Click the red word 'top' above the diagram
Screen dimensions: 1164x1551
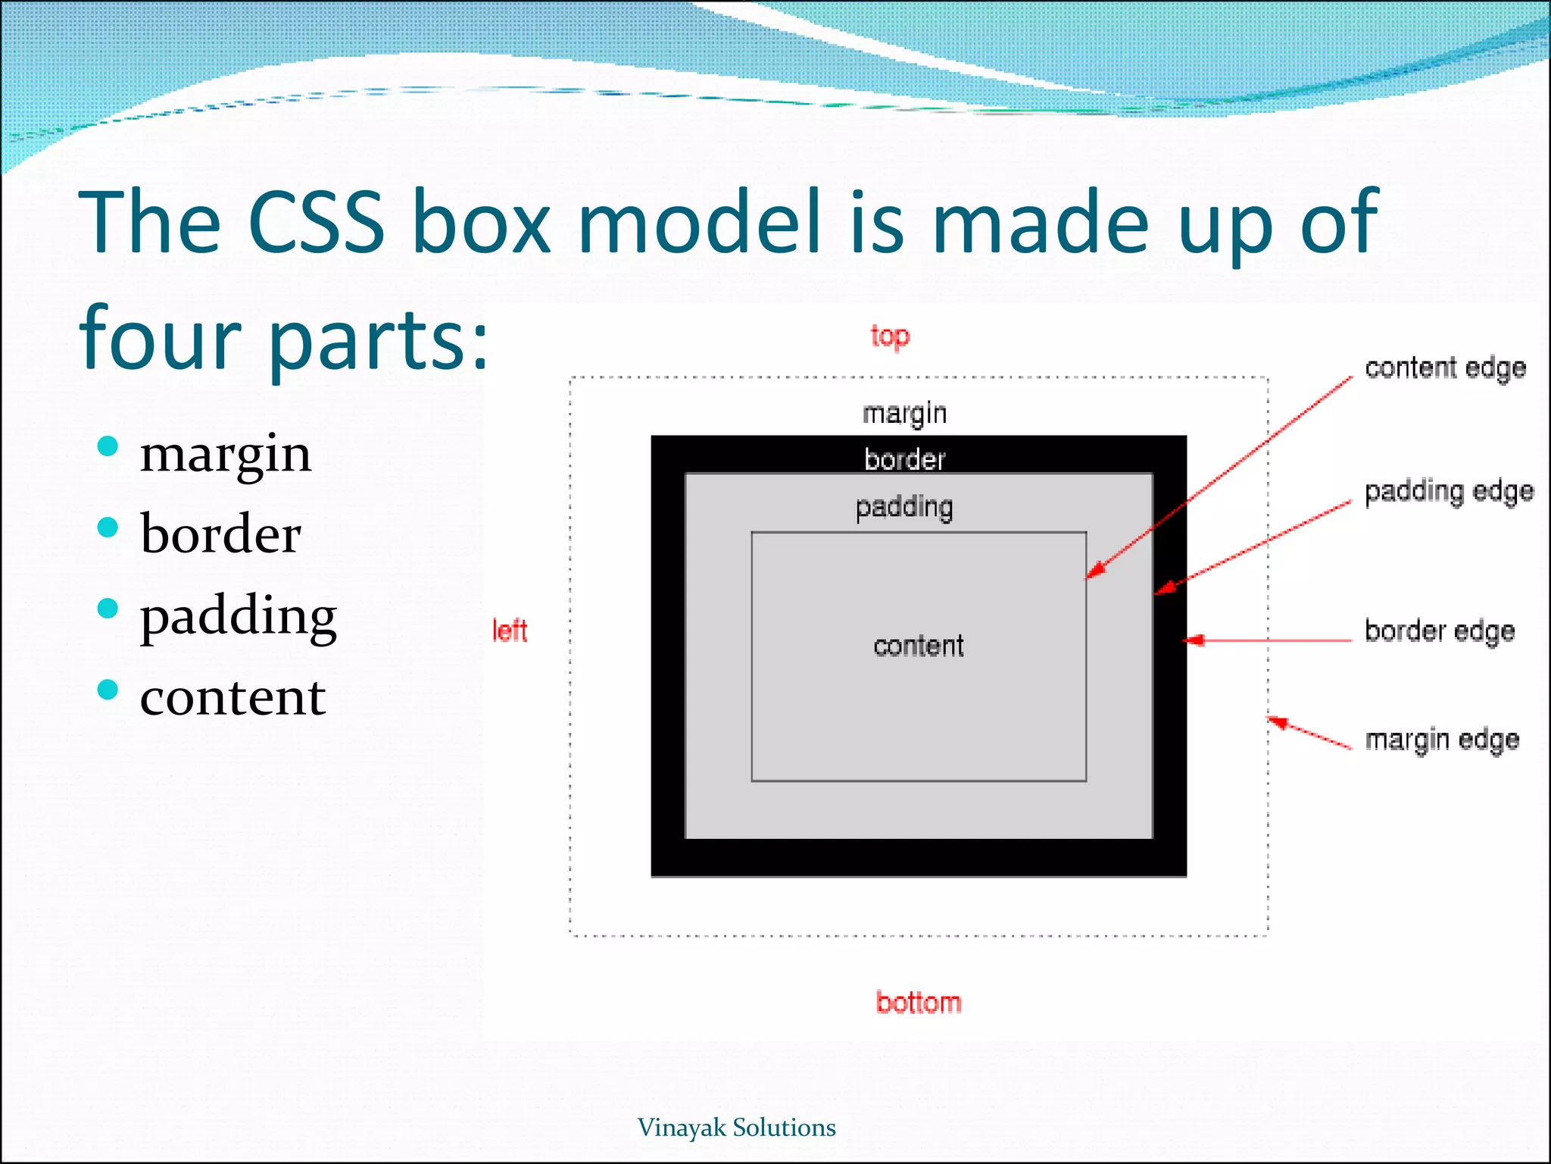[x=890, y=336]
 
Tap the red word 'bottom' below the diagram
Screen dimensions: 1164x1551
[x=918, y=1003]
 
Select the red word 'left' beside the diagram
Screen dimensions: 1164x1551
[x=510, y=630]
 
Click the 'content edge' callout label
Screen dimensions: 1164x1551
[x=1445, y=368]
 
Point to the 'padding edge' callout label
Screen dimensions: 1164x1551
[x=1449, y=492]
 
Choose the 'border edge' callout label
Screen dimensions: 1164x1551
[x=1440, y=631]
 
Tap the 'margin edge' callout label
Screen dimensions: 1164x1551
[x=1442, y=740]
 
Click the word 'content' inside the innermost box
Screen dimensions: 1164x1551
[x=919, y=646]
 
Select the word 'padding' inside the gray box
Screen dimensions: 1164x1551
[x=904, y=507]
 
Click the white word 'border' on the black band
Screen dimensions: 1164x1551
[x=905, y=459]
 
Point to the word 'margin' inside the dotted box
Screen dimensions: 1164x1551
[x=905, y=414]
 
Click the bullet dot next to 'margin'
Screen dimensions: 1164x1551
[x=108, y=446]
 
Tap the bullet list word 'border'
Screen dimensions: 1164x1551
[x=220, y=533]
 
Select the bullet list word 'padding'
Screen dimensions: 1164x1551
[x=238, y=616]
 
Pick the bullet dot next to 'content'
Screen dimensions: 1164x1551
[x=108, y=690]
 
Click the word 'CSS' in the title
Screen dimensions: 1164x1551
[x=316, y=222]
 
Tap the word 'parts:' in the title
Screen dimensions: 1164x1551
[x=379, y=339]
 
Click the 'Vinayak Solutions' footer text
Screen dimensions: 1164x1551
[x=736, y=1128]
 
